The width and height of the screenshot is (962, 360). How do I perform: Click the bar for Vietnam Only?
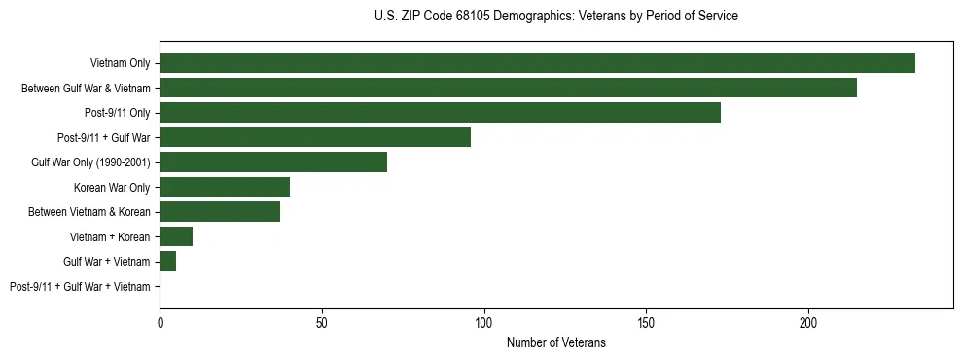pyautogui.click(x=537, y=63)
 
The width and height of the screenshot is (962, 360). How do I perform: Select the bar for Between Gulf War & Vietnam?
pyautogui.click(x=508, y=88)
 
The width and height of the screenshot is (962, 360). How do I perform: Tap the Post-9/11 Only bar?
pyautogui.click(x=440, y=113)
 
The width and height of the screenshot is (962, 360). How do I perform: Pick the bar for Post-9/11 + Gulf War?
pyautogui.click(x=315, y=137)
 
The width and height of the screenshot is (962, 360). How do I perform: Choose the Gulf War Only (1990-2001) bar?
pyautogui.click(x=273, y=162)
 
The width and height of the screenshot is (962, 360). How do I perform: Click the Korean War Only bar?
pyautogui.click(x=225, y=187)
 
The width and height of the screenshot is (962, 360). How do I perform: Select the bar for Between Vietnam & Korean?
pyautogui.click(x=220, y=212)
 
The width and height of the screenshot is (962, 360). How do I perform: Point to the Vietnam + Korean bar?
pyautogui.click(x=176, y=236)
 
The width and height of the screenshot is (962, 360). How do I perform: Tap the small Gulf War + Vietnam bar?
pyautogui.click(x=168, y=262)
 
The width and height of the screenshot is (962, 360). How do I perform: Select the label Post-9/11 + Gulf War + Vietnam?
pyautogui.click(x=80, y=287)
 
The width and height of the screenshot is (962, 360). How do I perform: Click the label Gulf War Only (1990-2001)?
pyautogui.click(x=90, y=162)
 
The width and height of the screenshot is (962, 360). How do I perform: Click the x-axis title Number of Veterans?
pyautogui.click(x=555, y=343)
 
